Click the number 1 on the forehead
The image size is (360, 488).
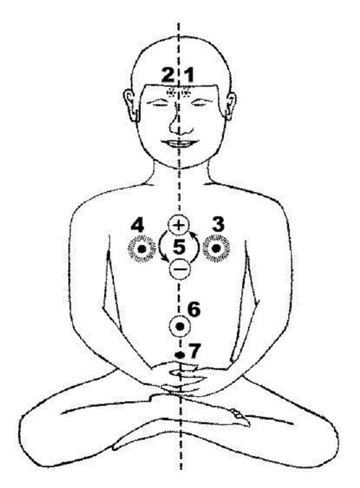click(x=189, y=76)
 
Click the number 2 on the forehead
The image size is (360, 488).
click(x=168, y=76)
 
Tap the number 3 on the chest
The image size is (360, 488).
click(x=217, y=224)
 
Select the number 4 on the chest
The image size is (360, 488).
click(x=137, y=225)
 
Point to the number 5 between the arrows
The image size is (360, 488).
click(x=179, y=247)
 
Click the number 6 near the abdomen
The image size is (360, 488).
click(x=194, y=309)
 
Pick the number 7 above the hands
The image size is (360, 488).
click(x=195, y=351)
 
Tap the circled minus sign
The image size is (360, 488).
click(x=180, y=268)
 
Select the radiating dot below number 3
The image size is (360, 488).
click(x=216, y=248)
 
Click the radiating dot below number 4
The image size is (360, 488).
click(x=142, y=249)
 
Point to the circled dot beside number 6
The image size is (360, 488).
click(x=180, y=326)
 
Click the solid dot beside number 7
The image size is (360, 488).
click(x=180, y=354)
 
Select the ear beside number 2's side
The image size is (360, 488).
click(x=131, y=105)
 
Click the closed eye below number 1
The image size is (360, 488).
click(x=199, y=103)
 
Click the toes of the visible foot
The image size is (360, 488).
click(x=240, y=416)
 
